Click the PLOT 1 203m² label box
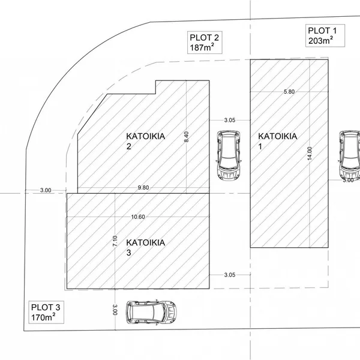click(325, 35)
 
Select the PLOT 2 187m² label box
click(205, 43)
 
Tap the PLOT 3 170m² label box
click(46, 312)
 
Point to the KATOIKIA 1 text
click(278, 141)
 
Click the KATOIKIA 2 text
click(146, 141)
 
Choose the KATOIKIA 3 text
click(146, 247)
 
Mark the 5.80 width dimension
click(289, 92)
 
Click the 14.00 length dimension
click(310, 154)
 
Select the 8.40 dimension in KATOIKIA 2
click(186, 137)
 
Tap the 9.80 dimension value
click(143, 188)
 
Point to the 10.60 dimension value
click(138, 217)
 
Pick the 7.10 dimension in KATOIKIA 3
click(115, 241)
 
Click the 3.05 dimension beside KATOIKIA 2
click(230, 120)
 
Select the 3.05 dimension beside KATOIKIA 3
click(230, 275)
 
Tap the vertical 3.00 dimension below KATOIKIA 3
click(115, 310)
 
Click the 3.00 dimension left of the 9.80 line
click(46, 190)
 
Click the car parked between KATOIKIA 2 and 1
click(229, 155)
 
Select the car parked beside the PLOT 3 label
click(152, 312)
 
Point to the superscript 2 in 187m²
click(212, 45)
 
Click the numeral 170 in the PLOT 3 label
click(38, 318)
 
